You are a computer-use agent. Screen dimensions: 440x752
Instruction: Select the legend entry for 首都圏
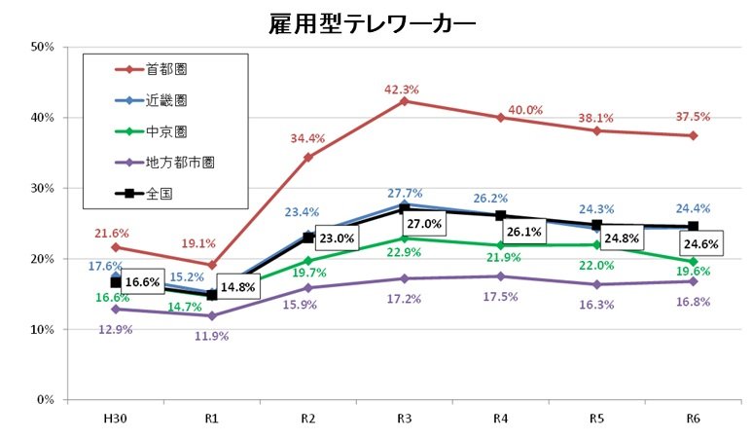pyautogui.click(x=166, y=69)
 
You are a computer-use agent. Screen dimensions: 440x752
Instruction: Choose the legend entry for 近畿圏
pyautogui.click(x=166, y=100)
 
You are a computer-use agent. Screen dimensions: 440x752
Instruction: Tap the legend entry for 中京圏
pyautogui.click(x=166, y=131)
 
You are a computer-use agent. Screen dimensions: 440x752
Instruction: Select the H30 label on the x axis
pyautogui.click(x=116, y=417)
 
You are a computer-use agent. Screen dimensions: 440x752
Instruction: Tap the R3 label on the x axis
pyautogui.click(x=404, y=417)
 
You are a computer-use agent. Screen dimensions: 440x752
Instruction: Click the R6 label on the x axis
pyautogui.click(x=693, y=417)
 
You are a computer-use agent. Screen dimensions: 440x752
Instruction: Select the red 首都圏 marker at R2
pyautogui.click(x=307, y=157)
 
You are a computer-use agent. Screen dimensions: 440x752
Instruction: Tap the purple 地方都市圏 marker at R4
pyautogui.click(x=500, y=276)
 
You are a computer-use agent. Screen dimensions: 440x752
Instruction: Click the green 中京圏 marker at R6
pyautogui.click(x=693, y=262)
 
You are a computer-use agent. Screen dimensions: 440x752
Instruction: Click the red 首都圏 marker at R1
pyautogui.click(x=212, y=265)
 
